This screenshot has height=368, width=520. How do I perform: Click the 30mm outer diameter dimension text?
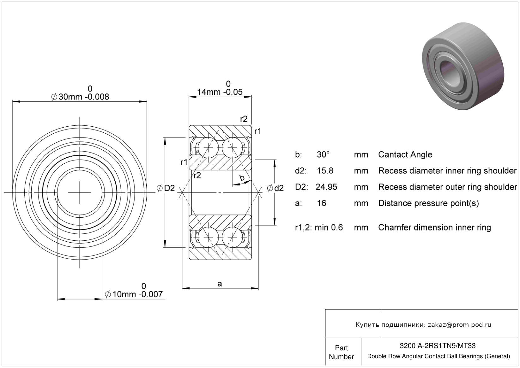[80, 97]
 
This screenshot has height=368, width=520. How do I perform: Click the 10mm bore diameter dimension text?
[134, 294]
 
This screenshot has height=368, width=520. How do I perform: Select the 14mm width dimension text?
[220, 92]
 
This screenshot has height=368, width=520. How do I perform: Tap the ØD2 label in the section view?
[166, 189]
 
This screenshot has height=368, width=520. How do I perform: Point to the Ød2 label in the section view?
[275, 189]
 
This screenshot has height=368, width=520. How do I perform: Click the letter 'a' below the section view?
[220, 284]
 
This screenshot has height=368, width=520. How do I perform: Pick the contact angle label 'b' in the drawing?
[242, 178]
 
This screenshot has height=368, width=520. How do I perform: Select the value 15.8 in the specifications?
[325, 171]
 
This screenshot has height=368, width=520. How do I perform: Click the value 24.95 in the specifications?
[326, 187]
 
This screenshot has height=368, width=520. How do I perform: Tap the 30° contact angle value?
[323, 154]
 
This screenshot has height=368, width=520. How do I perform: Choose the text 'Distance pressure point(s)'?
[428, 203]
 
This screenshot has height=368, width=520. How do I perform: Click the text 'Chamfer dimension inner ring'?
[434, 227]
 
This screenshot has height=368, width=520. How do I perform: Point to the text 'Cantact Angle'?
[405, 154]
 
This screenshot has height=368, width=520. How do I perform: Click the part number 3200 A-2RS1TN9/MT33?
[438, 346]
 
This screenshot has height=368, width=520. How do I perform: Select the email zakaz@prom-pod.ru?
[459, 325]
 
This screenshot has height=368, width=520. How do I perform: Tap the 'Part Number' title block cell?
[341, 352]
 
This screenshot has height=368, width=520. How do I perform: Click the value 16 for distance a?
[322, 203]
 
